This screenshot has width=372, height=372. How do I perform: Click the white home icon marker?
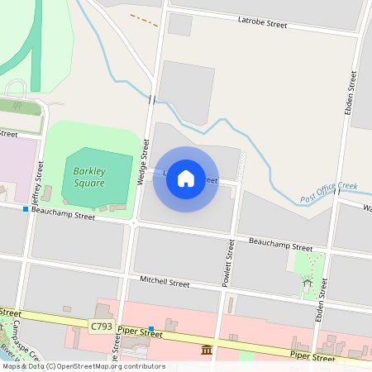186,179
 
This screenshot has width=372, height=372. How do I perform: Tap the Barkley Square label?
88,176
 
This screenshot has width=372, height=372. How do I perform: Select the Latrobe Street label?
262,24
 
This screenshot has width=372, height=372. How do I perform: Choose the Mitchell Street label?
165,281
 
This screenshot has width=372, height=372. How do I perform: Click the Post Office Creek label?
328,193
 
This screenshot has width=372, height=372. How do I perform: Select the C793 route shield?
102,327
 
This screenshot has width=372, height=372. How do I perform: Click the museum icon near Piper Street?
205,352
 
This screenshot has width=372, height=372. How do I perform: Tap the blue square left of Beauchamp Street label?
26,209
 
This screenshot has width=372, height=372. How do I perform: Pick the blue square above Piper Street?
151,329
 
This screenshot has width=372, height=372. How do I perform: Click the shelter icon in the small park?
307,282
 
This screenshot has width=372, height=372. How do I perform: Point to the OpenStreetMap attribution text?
83,366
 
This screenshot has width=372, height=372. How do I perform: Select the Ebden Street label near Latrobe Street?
353,91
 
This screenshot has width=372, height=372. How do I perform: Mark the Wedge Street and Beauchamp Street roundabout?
133,222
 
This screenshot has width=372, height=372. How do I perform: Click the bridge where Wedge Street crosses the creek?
151,99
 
